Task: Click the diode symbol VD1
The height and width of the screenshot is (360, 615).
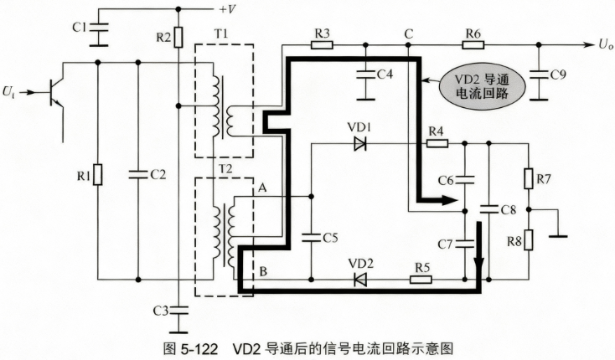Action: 359,144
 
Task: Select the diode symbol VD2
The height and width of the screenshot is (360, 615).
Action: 360,280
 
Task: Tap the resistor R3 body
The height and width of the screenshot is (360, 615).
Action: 322,44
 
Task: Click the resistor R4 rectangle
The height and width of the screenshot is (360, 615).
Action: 437,143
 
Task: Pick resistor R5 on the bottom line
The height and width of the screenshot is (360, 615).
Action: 421,280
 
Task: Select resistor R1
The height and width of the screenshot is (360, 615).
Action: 98,175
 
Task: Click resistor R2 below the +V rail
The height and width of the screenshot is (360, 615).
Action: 178,37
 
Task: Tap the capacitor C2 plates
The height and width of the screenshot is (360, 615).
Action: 138,175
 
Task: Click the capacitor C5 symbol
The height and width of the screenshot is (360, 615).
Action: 311,238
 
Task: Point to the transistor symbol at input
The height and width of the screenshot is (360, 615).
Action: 55,93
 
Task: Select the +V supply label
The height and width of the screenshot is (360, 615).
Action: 228,9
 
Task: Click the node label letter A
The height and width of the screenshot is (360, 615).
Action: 262,188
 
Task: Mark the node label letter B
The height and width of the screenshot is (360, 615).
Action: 263,271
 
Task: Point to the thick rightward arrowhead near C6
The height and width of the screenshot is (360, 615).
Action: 449,201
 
